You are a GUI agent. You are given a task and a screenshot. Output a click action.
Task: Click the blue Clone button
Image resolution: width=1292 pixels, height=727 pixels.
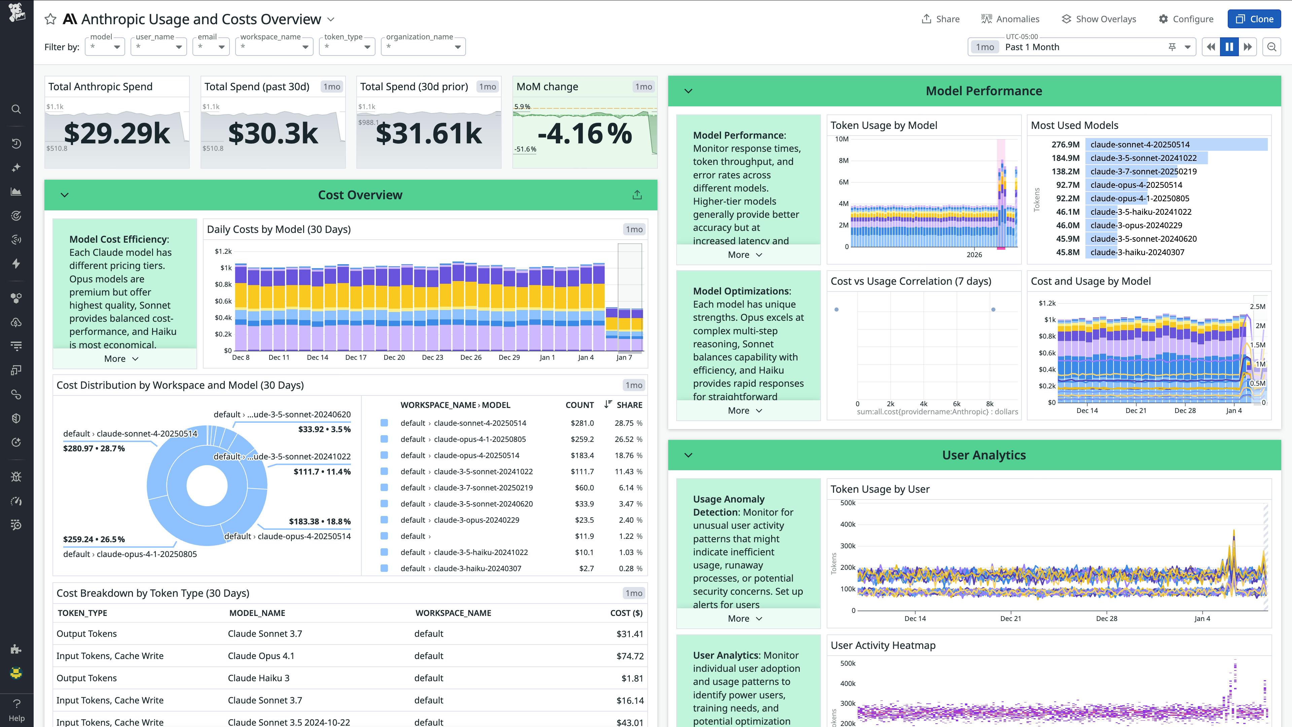point(1254,19)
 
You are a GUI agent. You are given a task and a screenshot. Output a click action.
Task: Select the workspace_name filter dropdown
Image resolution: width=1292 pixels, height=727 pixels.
point(274,47)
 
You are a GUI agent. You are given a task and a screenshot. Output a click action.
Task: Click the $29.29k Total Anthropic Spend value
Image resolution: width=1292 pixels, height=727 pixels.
point(117,134)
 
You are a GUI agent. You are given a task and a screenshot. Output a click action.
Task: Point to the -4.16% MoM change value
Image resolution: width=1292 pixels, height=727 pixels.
point(584,134)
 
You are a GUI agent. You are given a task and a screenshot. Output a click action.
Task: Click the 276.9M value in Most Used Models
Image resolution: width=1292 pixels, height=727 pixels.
point(1065,144)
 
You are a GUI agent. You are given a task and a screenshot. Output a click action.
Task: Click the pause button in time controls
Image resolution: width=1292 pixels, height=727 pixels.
point(1229,47)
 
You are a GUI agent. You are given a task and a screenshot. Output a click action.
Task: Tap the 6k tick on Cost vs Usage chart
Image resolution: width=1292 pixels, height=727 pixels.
point(957,404)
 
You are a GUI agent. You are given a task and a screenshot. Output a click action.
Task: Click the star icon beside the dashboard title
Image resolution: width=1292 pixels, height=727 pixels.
point(50,20)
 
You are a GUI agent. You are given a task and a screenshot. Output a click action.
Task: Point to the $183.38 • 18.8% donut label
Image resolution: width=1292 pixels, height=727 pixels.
point(320,522)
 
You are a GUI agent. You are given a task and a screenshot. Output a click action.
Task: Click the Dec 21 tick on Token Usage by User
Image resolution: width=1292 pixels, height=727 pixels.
point(1010,619)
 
